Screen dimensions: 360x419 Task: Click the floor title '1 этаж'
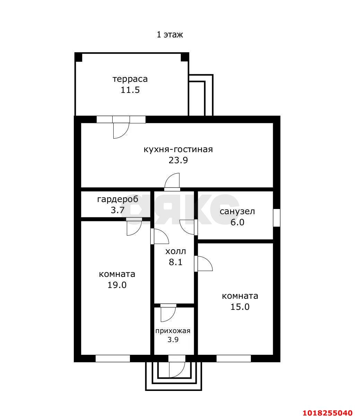(x=170, y=34)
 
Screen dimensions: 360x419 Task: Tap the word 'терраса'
(x=130, y=79)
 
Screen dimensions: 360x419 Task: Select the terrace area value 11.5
(x=130, y=90)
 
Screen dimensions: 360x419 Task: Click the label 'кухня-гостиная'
(x=178, y=150)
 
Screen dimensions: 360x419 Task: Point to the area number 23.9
(x=178, y=160)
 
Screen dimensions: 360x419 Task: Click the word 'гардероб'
(x=117, y=200)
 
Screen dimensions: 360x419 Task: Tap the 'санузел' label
(x=237, y=211)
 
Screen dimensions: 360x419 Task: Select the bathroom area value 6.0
(x=237, y=222)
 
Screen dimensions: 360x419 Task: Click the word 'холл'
(x=176, y=252)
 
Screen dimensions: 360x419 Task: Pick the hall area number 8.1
(x=176, y=262)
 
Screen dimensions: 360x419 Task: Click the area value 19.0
(x=117, y=285)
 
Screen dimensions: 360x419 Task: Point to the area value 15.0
(x=240, y=307)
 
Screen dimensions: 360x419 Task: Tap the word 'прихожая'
(x=173, y=331)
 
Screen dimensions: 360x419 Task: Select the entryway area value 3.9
(x=173, y=340)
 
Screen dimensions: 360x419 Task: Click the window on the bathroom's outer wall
(x=276, y=218)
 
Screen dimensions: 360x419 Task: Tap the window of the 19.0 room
(x=113, y=358)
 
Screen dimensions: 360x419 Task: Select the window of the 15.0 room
(x=234, y=358)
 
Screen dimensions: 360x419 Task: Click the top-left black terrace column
(x=78, y=57)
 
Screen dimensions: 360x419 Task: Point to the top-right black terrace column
(x=185, y=57)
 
